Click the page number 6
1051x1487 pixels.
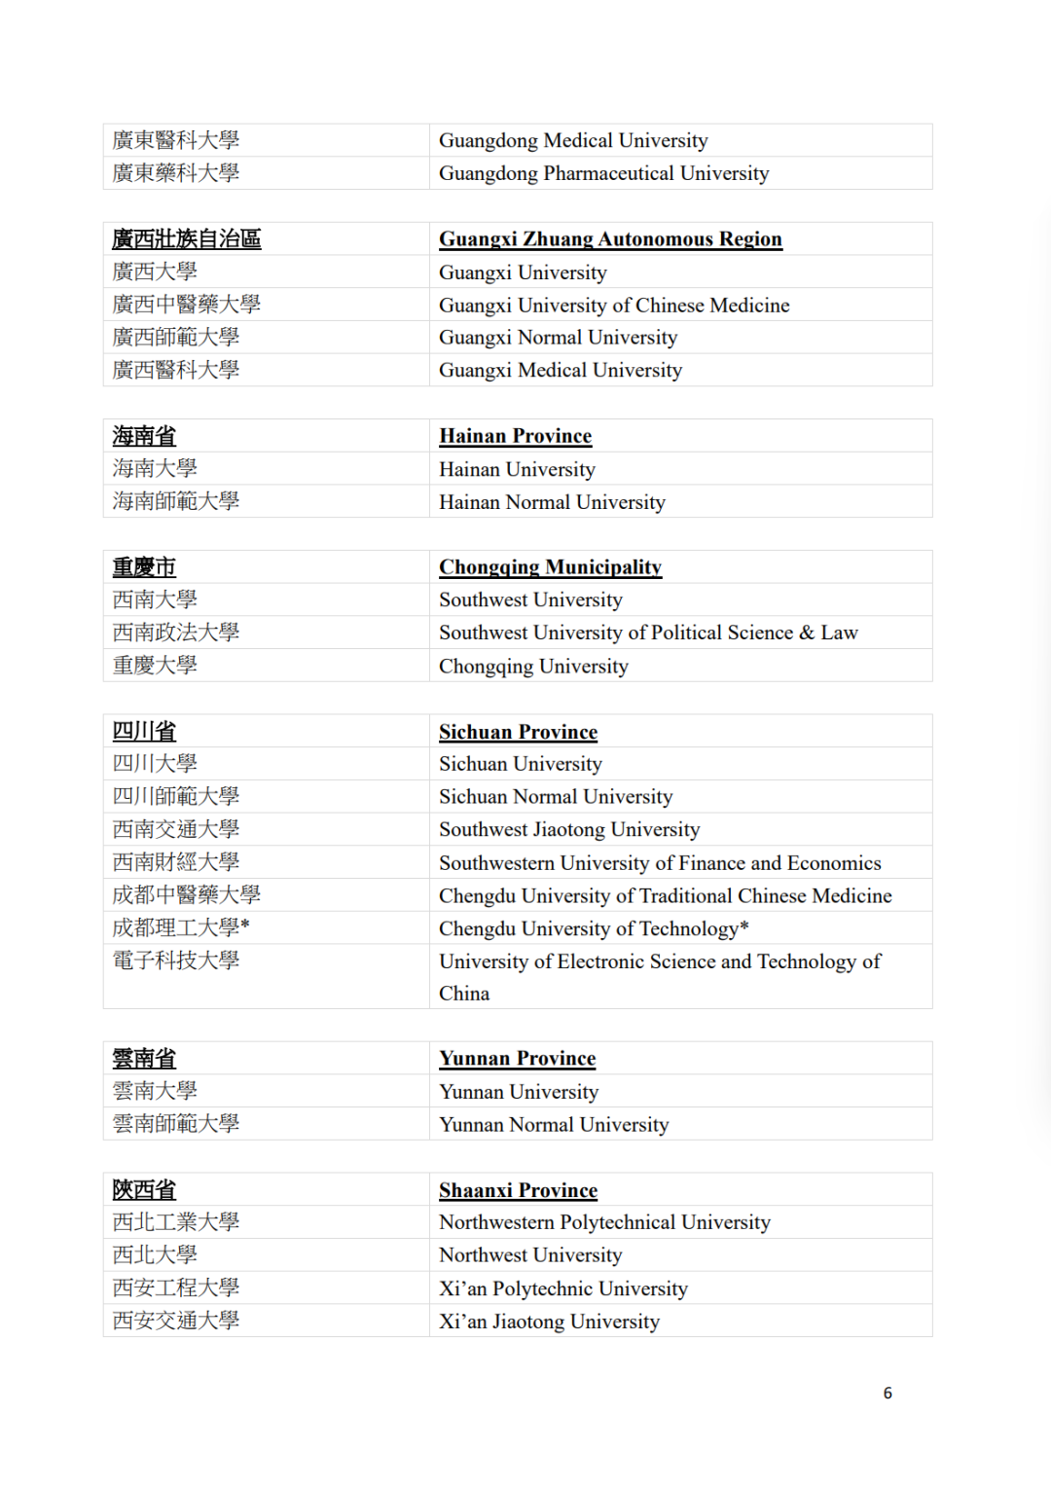[x=888, y=1393]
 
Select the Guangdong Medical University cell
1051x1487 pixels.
[x=573, y=140]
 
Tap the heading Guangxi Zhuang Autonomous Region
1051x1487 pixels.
[x=610, y=239]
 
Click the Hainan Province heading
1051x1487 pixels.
[x=515, y=436]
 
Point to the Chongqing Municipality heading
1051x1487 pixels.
[x=550, y=567]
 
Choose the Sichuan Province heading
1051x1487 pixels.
[x=518, y=732]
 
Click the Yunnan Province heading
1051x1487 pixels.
[x=517, y=1059]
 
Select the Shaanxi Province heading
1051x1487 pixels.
[x=518, y=1190]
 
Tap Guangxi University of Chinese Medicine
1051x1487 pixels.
[x=614, y=306]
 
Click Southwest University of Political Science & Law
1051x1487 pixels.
[x=648, y=633]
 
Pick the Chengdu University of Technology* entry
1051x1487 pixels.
[x=594, y=928]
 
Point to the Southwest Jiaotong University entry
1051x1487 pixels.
[x=569, y=830]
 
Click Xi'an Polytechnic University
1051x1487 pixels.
[x=563, y=1288]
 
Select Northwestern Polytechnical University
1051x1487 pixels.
[x=604, y=1222]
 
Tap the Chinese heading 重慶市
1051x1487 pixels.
[x=144, y=567]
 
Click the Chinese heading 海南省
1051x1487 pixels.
[x=144, y=436]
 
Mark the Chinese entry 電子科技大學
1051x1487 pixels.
[x=176, y=961]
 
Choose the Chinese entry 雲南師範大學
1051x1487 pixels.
[x=176, y=1124]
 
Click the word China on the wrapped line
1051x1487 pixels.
[x=464, y=994]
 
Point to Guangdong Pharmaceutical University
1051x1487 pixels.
[x=603, y=173]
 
